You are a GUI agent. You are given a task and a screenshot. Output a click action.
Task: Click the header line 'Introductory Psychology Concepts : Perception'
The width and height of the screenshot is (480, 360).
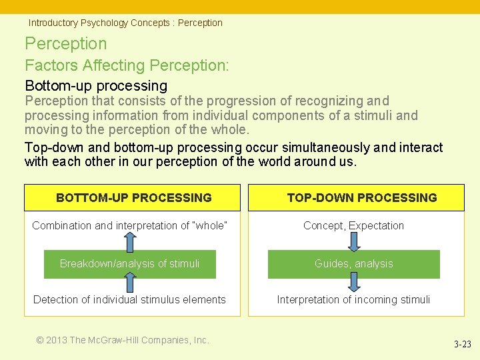(x=125, y=23)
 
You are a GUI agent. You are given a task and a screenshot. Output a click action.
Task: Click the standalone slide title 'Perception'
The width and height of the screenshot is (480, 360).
(x=65, y=44)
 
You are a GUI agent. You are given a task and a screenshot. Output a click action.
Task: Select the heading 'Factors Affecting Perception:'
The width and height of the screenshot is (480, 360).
(x=127, y=65)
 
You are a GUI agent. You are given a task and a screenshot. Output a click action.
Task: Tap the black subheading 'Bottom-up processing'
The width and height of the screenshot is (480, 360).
(x=96, y=85)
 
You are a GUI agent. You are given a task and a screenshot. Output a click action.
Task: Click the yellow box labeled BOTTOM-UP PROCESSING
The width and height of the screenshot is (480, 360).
(x=133, y=197)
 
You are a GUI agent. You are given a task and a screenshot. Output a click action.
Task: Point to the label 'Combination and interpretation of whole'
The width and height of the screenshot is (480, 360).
(x=129, y=225)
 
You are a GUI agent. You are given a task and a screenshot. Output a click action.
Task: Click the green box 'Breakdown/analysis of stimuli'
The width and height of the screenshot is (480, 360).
(x=129, y=263)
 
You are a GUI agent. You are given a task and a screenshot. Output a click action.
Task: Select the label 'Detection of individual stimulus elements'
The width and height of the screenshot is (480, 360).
(x=129, y=299)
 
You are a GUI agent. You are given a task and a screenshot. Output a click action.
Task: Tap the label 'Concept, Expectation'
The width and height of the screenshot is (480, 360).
(x=353, y=225)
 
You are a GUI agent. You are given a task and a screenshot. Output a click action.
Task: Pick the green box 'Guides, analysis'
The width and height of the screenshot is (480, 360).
(x=353, y=263)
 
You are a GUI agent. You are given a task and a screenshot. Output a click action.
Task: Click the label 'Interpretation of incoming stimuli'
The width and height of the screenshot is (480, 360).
(x=353, y=299)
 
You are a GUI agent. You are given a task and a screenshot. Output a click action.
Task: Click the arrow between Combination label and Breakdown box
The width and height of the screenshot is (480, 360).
(x=129, y=241)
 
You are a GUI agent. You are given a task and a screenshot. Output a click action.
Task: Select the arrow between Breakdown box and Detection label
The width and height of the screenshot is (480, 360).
(x=129, y=284)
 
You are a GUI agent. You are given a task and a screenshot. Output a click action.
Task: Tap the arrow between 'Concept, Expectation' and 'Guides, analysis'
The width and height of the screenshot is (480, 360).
(x=354, y=241)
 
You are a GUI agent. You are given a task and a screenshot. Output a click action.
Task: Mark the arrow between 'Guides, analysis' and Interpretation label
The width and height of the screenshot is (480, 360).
(x=354, y=284)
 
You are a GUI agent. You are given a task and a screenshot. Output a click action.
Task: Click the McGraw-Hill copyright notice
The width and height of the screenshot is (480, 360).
(x=123, y=340)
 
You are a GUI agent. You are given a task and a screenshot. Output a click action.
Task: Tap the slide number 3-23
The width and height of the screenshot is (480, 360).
(x=462, y=345)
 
